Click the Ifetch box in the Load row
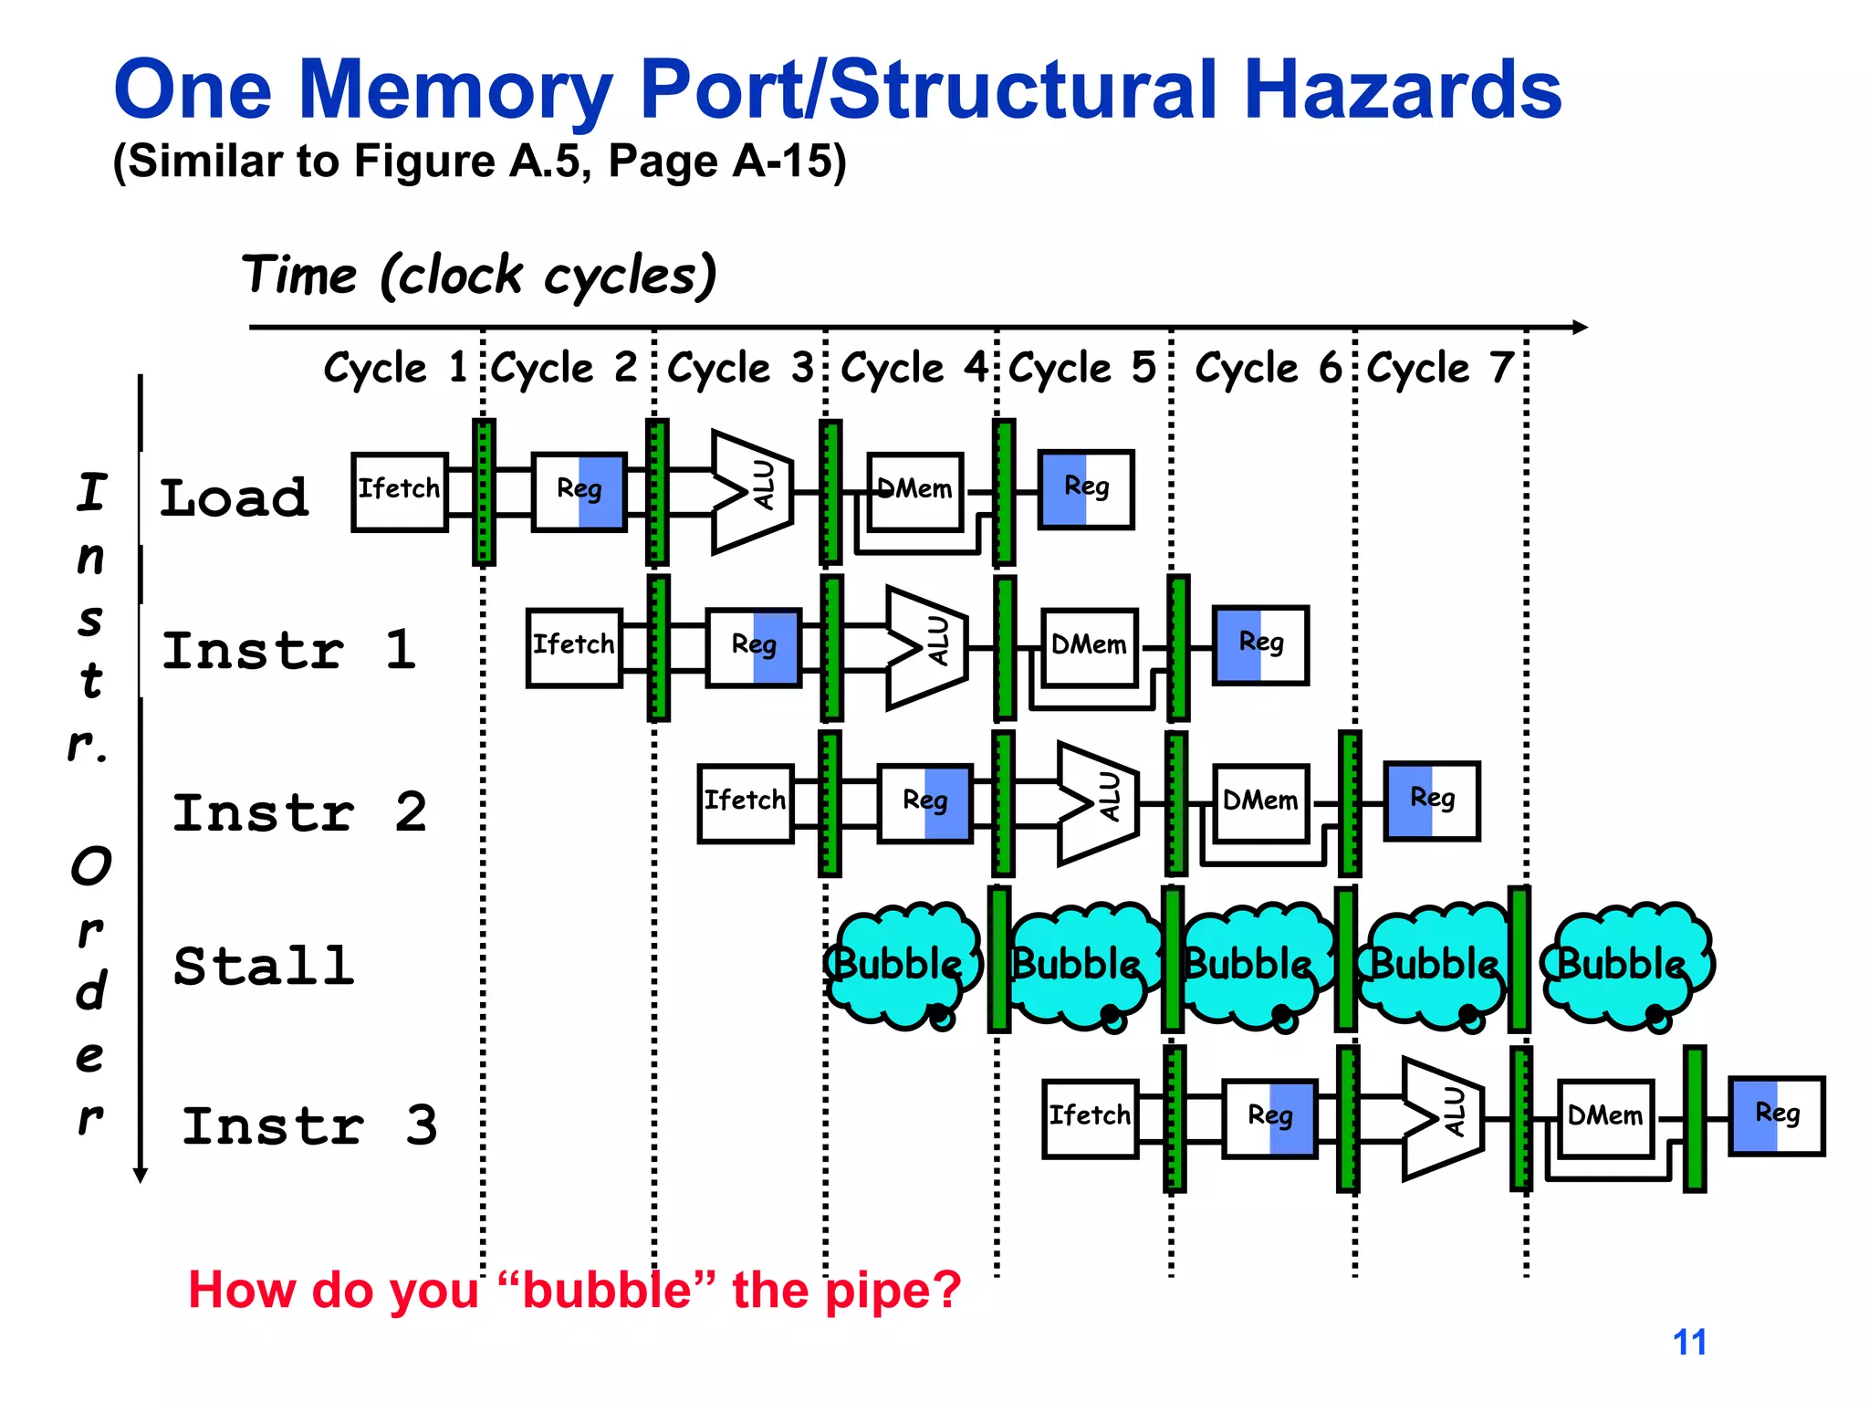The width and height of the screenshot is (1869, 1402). (x=399, y=491)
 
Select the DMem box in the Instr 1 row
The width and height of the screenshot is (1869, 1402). (x=1089, y=646)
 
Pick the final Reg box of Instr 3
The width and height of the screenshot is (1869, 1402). (x=1776, y=1115)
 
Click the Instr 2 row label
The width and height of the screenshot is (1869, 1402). (x=299, y=812)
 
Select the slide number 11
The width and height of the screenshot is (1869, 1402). (x=1689, y=1342)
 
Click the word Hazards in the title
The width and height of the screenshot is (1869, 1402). (x=1403, y=89)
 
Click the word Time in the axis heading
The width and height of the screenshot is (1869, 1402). (x=299, y=276)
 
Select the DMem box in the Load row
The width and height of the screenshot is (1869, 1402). (x=914, y=491)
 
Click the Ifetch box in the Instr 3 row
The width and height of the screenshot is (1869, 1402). (x=1090, y=1117)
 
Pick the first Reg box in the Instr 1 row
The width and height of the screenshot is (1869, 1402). (x=754, y=646)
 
